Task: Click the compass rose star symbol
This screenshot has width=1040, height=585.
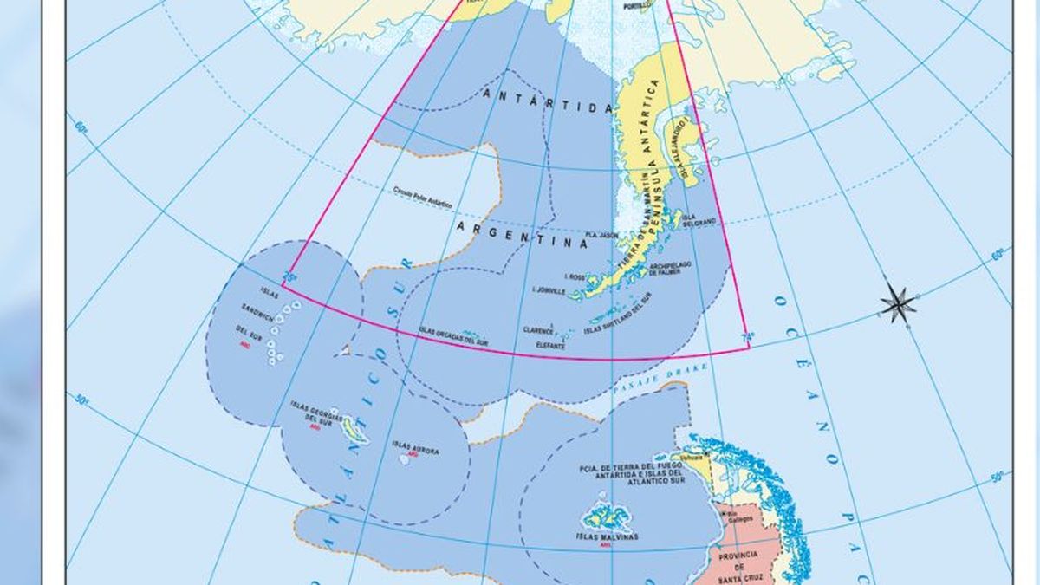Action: (x=899, y=302)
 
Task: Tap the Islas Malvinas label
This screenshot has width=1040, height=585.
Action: (x=607, y=537)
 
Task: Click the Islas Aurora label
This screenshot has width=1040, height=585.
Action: (x=415, y=447)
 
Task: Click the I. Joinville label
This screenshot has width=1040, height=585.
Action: (x=551, y=291)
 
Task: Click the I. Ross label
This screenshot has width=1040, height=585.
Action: (x=575, y=276)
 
